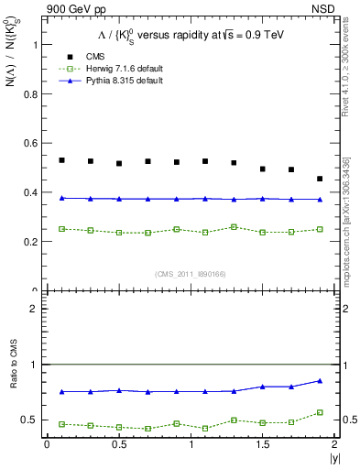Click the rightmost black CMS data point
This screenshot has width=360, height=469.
(x=320, y=179)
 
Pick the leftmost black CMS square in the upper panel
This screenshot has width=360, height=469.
(x=61, y=160)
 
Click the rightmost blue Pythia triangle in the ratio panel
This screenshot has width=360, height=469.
(x=320, y=380)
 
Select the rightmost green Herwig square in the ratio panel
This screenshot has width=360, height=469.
(x=320, y=412)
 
